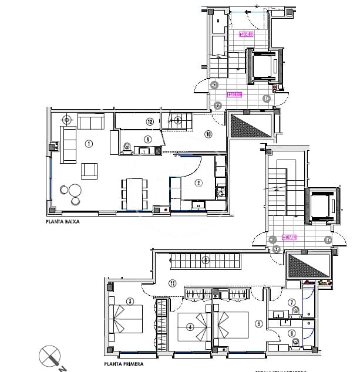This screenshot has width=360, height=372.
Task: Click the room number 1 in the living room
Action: (x=89, y=143)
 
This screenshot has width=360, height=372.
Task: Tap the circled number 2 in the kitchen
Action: (x=198, y=182)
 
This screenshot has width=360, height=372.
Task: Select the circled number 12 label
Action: (x=150, y=121)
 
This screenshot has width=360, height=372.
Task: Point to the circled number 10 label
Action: (x=208, y=134)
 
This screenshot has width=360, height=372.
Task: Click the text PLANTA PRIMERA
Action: (x=123, y=364)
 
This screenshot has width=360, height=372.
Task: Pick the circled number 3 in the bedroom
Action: (x=131, y=303)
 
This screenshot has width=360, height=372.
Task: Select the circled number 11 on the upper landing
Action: (x=173, y=283)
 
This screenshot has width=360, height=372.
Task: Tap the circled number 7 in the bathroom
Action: (x=291, y=303)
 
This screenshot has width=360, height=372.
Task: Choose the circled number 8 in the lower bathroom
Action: (x=291, y=334)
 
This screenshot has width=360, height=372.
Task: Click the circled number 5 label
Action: (x=258, y=323)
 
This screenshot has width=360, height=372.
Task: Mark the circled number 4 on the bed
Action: (x=190, y=327)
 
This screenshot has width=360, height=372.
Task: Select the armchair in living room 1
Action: (x=90, y=171)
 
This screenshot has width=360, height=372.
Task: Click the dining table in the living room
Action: (x=135, y=192)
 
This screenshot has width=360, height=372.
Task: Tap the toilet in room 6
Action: (x=128, y=147)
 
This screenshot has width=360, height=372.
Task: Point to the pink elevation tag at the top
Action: (x=246, y=34)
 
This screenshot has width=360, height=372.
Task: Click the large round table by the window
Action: (x=75, y=190)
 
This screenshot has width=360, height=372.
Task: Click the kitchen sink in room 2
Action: (x=198, y=204)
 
